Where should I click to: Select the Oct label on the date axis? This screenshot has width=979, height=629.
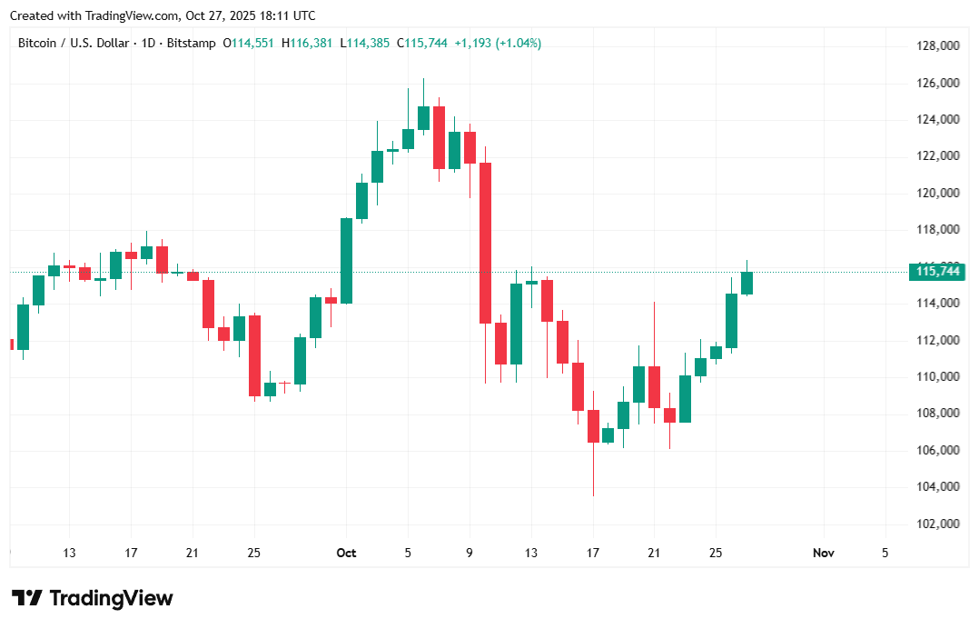pyautogui.click(x=346, y=553)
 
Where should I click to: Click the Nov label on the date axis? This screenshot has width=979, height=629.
pyautogui.click(x=823, y=553)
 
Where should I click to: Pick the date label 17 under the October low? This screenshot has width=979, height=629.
pyautogui.click(x=593, y=553)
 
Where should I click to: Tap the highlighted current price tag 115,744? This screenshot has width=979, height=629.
pyautogui.click(x=938, y=271)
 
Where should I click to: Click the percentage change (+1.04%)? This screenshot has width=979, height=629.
pyautogui.click(x=518, y=43)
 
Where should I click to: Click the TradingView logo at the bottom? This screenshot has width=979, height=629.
pyautogui.click(x=92, y=598)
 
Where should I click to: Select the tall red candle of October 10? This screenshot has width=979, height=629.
pyautogui.click(x=485, y=243)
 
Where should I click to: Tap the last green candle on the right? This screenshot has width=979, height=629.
pyautogui.click(x=747, y=283)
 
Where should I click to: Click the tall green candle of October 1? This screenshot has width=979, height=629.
pyautogui.click(x=346, y=260)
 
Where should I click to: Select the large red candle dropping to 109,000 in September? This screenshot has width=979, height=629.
pyautogui.click(x=254, y=355)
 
